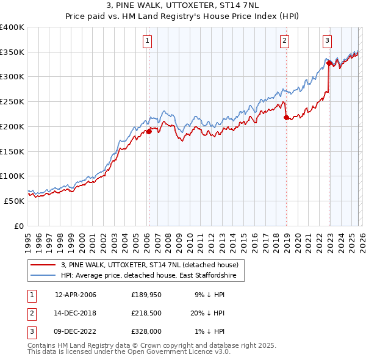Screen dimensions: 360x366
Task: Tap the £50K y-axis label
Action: pyautogui.click(x=15, y=201)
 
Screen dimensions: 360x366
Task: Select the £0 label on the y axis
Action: pyautogui.click(x=19, y=226)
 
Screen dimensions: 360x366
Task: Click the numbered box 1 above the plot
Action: pyautogui.click(x=148, y=41)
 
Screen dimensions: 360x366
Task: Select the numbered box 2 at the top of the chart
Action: pyautogui.click(x=284, y=41)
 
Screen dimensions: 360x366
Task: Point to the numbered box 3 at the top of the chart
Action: pyautogui.click(x=327, y=41)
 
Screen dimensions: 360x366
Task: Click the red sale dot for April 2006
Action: pyautogui.click(x=148, y=131)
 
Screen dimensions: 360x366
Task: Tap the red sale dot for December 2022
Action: pyautogui.click(x=329, y=63)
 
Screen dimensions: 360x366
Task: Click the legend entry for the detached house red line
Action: pyautogui.click(x=152, y=265)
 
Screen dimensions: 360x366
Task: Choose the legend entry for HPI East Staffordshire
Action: pyautogui.click(x=152, y=275)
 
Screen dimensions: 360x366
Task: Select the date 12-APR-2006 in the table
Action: pyautogui.click(x=76, y=295)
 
